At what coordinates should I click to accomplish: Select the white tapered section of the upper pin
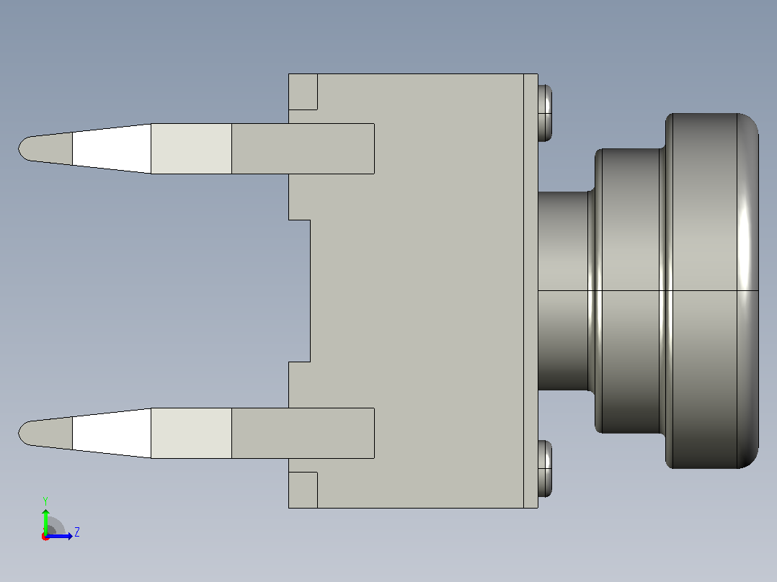[x=112, y=148]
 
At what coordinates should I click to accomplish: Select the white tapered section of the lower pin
[x=112, y=434]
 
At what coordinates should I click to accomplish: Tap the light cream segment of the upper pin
[x=191, y=148]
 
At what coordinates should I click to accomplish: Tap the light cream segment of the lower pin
[x=191, y=434]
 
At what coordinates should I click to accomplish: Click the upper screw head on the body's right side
[x=545, y=113]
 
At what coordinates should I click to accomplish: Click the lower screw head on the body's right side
[x=545, y=469]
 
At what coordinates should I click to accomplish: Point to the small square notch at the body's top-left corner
[x=303, y=91]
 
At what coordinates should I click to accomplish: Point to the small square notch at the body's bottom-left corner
[x=303, y=490]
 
